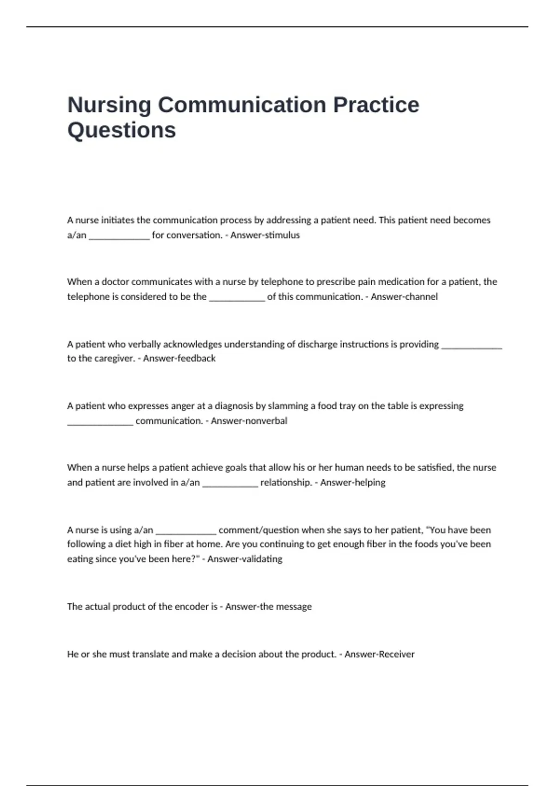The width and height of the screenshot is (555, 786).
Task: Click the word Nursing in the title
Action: tap(109, 105)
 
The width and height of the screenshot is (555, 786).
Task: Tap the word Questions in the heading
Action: tap(122, 130)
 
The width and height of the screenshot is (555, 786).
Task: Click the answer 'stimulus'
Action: tap(282, 235)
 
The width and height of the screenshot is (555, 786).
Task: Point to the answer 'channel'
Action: tap(420, 297)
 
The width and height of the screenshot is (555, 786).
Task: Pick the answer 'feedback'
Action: tap(197, 358)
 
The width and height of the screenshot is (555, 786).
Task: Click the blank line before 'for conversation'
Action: tap(119, 238)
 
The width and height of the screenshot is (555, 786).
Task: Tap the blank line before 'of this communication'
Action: tap(237, 299)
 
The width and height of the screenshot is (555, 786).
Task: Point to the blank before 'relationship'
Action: tap(230, 485)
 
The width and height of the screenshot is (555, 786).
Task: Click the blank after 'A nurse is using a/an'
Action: tap(186, 532)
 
